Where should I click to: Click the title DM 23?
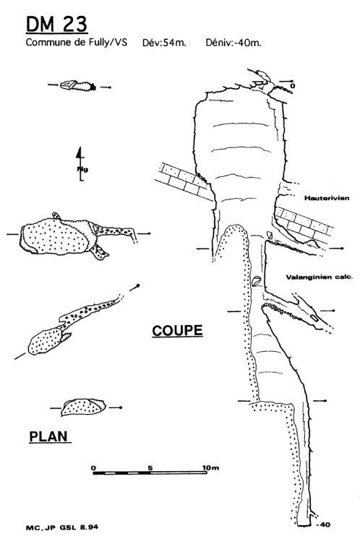click(56, 24)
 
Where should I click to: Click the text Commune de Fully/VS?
click(77, 43)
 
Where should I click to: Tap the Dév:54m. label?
click(164, 43)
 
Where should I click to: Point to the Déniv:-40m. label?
click(233, 43)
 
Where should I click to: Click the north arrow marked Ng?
click(80, 163)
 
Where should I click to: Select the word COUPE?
click(177, 330)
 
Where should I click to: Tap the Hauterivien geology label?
click(327, 198)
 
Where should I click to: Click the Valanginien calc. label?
click(320, 277)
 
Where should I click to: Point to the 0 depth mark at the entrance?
click(292, 86)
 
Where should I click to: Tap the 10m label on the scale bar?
click(211, 467)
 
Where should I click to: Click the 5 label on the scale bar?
click(150, 467)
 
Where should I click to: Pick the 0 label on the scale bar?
click(94, 467)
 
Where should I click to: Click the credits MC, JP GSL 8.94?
click(62, 527)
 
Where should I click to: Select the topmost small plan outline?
click(78, 85)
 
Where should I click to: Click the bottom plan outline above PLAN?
click(83, 407)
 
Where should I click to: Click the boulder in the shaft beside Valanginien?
click(257, 281)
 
